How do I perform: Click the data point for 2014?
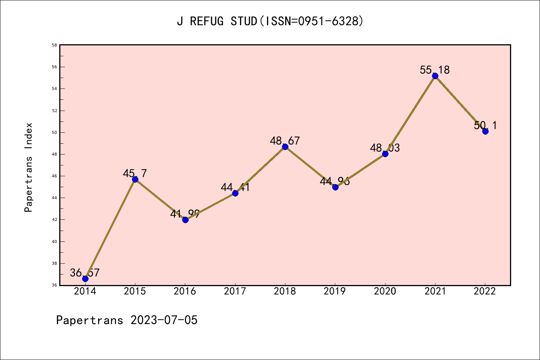85,279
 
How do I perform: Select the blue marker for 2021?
435,76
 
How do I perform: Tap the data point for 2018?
285,147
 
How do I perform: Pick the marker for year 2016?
185,220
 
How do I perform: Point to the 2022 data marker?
485,131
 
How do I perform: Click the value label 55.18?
435,70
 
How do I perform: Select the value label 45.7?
135,173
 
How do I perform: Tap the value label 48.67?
285,141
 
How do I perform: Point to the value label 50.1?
485,125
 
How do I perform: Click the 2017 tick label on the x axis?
235,291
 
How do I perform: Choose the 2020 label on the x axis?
385,291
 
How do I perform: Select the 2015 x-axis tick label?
135,291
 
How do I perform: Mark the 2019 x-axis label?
335,291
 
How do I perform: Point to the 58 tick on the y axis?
54,45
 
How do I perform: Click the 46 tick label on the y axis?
54,176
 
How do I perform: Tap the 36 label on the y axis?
54,285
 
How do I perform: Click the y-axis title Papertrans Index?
29,167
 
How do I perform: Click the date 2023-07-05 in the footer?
164,320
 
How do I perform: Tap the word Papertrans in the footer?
90,320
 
